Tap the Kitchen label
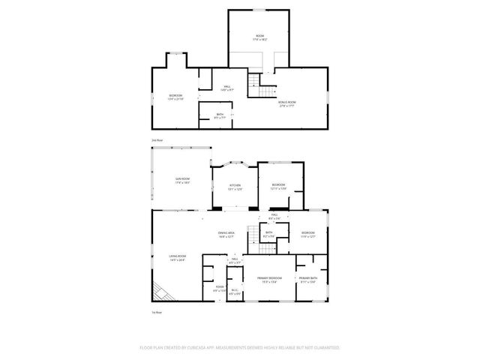pyautogui.click(x=235, y=186)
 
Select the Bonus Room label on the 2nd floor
pyautogui.click(x=286, y=103)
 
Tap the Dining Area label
pyautogui.click(x=226, y=234)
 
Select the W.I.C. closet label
pyautogui.click(x=234, y=292)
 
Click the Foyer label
pyautogui.click(x=220, y=288)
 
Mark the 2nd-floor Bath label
pyautogui.click(x=220, y=116)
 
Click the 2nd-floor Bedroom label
pyautogui.click(x=175, y=97)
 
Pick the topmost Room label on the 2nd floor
pyautogui.click(x=259, y=37)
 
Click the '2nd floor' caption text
pyautogui.click(x=157, y=139)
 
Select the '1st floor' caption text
pyautogui.click(x=157, y=312)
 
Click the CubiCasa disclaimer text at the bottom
pyautogui.click(x=240, y=348)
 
